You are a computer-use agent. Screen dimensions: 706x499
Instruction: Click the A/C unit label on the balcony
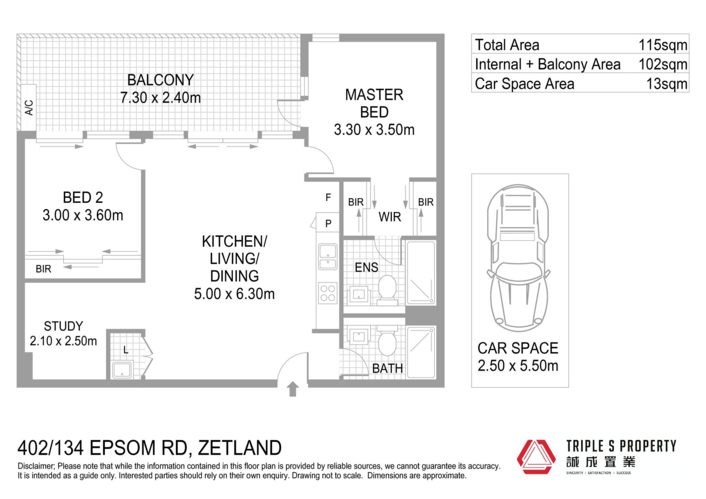(x=29, y=107)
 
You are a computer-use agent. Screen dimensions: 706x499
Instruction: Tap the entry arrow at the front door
(x=293, y=389)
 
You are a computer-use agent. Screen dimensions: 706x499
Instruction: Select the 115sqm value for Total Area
(x=663, y=45)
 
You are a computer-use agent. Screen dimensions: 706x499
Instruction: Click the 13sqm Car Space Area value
(x=667, y=84)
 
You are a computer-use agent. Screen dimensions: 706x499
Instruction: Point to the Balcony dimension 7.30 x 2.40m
(x=161, y=97)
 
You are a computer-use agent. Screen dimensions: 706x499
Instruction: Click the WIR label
(x=390, y=217)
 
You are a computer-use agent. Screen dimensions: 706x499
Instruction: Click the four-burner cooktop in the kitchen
(x=328, y=293)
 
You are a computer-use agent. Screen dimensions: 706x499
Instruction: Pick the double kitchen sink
(x=328, y=257)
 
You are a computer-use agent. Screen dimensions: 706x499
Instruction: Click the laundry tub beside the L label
(x=122, y=370)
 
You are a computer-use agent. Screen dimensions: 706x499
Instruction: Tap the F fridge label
(x=328, y=198)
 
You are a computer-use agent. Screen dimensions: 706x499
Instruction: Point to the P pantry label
(x=328, y=223)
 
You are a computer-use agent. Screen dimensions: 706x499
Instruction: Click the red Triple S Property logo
(x=536, y=457)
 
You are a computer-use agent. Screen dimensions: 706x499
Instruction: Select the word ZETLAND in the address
(x=240, y=448)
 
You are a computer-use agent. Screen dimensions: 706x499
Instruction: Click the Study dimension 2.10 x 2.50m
(x=63, y=341)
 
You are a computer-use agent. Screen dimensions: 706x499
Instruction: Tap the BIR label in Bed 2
(x=43, y=269)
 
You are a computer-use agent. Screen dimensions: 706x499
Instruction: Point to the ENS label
(x=366, y=267)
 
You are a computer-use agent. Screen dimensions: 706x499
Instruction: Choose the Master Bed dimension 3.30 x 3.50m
(x=374, y=130)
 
